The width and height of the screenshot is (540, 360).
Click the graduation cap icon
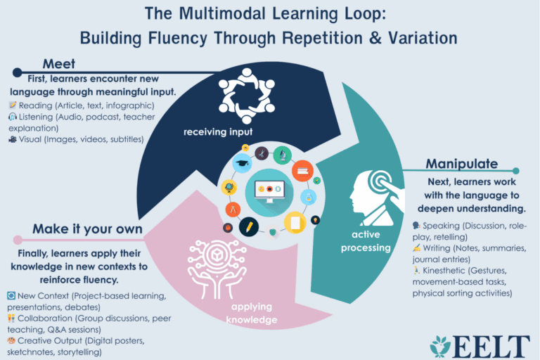point(242,162)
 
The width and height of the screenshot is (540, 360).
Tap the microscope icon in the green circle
point(283,155)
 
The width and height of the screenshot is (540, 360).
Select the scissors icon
point(262,154)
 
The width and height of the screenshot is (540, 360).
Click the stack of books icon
point(303,171)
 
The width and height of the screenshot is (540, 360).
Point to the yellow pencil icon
point(249,226)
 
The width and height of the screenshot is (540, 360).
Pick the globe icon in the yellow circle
point(229,188)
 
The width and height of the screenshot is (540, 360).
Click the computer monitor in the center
point(270,191)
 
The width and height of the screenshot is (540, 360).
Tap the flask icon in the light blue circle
point(308,198)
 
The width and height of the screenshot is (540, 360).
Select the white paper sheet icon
point(295,223)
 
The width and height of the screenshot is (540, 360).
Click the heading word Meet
point(59,64)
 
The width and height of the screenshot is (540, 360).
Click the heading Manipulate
point(462,164)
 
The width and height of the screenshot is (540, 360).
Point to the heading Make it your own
point(87,229)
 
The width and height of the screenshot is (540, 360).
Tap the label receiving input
point(218,132)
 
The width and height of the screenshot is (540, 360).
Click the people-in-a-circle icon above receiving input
point(247,96)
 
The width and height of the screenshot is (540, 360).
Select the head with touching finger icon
point(377,198)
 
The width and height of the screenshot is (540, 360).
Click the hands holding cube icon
point(217,269)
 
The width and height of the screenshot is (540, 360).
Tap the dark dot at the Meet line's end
point(17,72)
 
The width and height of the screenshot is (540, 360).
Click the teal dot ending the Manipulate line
point(515,171)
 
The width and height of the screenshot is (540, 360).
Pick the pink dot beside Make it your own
point(18,240)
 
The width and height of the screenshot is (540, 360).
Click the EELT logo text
point(490,347)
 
